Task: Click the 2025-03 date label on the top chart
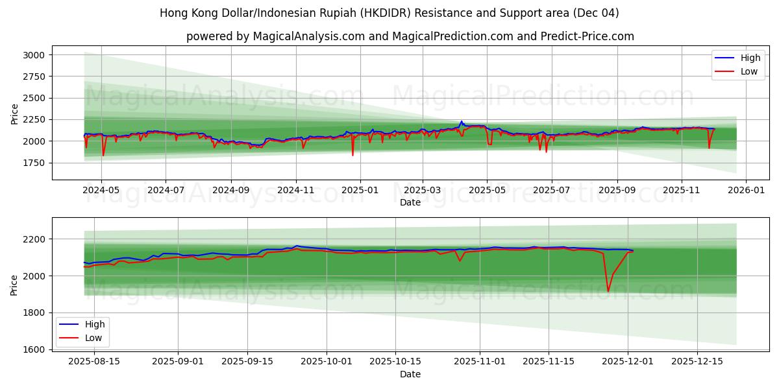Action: [423, 191]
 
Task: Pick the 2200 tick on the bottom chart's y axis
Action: [34, 239]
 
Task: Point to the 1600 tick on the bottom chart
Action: [34, 349]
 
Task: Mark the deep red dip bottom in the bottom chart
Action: [608, 291]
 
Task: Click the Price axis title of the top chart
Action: [14, 114]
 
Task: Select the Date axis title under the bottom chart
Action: [410, 374]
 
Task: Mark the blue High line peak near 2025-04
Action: [462, 121]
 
